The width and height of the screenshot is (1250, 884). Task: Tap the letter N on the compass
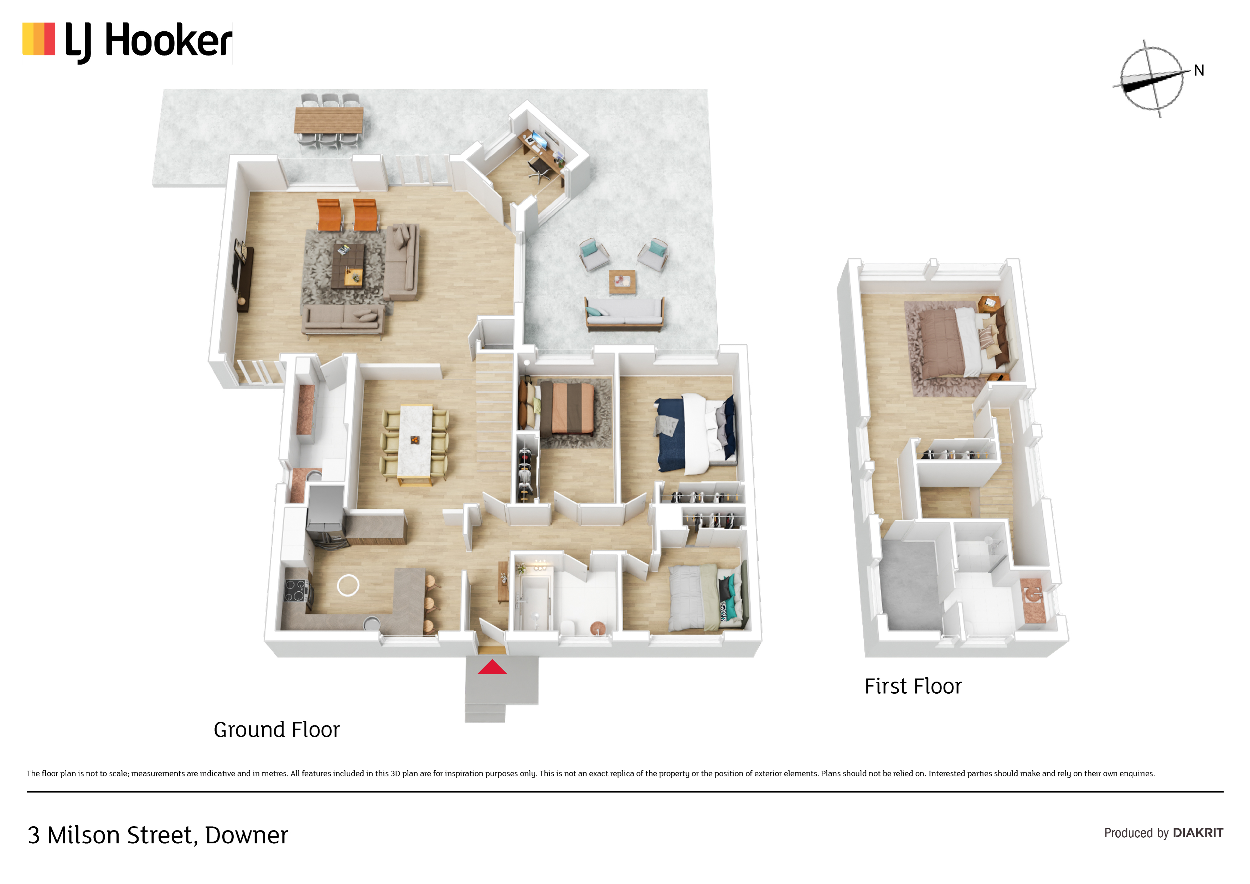pyautogui.click(x=1199, y=70)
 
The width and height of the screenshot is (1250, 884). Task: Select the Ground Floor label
pyautogui.click(x=277, y=729)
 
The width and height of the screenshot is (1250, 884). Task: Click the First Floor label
pyautogui.click(x=913, y=686)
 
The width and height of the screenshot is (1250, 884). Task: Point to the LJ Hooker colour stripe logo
pyautogui.click(x=38, y=39)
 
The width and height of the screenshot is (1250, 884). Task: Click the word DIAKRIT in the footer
pyautogui.click(x=1198, y=833)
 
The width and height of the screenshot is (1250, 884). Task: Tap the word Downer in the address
pyautogui.click(x=247, y=835)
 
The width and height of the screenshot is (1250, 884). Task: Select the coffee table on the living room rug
pyautogui.click(x=348, y=265)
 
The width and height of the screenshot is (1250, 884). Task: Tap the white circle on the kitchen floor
pyautogui.click(x=348, y=586)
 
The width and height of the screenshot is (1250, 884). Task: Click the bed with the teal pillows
pyautogui.click(x=708, y=597)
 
